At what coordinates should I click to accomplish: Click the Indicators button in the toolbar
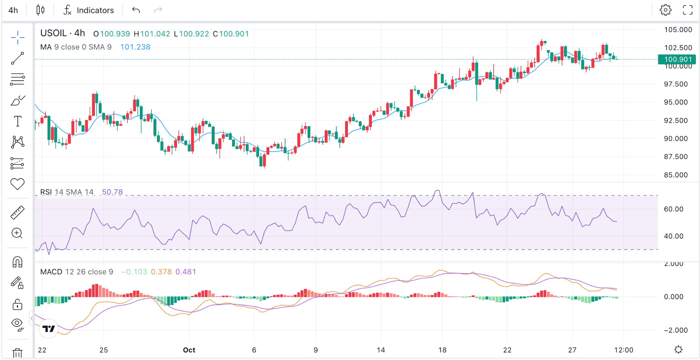point(89,10)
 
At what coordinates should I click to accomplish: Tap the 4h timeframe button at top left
point(13,10)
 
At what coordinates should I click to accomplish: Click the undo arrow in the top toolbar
point(136,10)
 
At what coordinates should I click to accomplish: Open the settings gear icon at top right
point(665,10)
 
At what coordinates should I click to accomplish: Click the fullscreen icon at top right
point(688,10)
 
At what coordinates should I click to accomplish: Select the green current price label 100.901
point(677,59)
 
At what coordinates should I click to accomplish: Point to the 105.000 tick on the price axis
point(678,30)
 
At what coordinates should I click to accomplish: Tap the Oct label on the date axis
point(189,350)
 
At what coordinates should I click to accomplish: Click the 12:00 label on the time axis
point(624,350)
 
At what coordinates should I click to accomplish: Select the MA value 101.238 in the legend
point(135,47)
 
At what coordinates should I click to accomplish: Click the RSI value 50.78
point(112,192)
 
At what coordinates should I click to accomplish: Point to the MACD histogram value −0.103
point(134,272)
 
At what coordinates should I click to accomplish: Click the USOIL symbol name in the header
point(54,33)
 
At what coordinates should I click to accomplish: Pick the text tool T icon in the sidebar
point(17,121)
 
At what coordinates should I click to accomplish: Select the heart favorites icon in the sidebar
point(17,184)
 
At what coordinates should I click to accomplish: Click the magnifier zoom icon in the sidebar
point(17,234)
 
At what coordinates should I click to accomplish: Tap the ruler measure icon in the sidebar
point(17,212)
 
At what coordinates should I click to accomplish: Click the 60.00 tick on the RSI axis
point(674,209)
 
